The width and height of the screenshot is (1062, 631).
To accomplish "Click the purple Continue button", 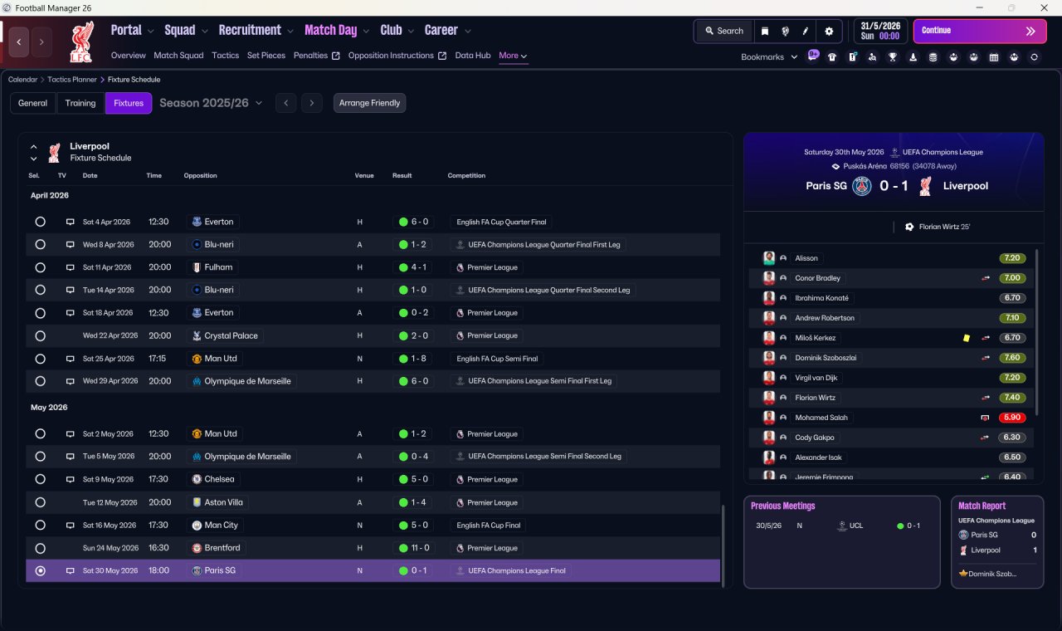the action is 980,31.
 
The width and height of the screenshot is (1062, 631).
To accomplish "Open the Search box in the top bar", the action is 724,31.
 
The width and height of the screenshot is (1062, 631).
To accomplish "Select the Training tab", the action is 80,103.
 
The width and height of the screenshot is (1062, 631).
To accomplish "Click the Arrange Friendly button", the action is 369,103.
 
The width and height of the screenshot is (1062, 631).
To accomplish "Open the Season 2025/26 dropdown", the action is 211,103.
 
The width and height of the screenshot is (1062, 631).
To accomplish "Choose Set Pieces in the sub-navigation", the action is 266,56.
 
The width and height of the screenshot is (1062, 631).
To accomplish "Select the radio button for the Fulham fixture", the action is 41,267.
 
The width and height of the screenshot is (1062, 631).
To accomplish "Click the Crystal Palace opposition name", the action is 231,336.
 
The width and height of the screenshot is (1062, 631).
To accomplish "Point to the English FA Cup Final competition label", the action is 489,526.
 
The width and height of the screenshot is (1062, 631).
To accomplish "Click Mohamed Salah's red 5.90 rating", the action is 1011,418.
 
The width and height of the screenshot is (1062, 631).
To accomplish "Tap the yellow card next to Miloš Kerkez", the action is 966,338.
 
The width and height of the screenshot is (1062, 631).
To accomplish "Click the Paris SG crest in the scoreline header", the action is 861,186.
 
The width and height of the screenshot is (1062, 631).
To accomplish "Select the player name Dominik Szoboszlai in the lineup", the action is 826,358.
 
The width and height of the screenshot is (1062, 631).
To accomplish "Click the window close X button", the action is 1044,7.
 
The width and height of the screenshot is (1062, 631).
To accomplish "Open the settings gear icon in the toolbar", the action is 829,32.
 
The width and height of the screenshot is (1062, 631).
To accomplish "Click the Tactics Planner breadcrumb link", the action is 71,80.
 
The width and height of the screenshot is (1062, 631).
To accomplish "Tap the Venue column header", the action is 364,175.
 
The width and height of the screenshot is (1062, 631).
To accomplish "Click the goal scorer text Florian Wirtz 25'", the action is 944,227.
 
